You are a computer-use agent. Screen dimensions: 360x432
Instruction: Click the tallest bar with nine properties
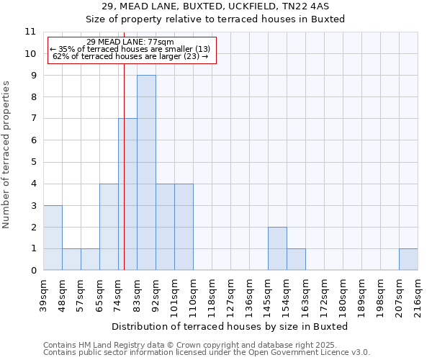(146, 173)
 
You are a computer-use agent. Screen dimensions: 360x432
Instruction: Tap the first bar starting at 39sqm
(53, 238)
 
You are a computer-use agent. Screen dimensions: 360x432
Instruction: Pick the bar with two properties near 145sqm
(277, 248)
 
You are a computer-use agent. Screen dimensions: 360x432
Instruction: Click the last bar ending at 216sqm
(408, 259)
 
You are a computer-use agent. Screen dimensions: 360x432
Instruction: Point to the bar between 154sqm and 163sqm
(296, 259)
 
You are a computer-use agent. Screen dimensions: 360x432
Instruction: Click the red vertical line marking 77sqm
(124, 144)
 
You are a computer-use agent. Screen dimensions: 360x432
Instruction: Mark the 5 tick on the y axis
(33, 162)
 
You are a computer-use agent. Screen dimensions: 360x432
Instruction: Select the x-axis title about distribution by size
(230, 326)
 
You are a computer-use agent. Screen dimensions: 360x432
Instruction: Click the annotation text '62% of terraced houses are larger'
(131, 56)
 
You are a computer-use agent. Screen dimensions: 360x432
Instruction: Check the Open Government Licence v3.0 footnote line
(206, 353)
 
